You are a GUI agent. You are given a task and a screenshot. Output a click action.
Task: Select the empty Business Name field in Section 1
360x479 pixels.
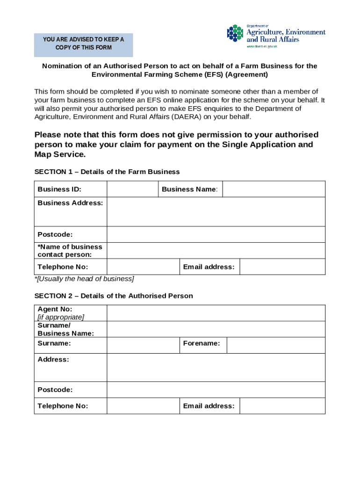274,189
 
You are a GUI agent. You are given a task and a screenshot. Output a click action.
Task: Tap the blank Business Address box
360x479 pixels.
216,212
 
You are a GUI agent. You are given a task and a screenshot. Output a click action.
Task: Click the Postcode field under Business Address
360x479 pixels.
216,234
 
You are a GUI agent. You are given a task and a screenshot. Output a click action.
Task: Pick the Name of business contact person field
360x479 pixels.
216,251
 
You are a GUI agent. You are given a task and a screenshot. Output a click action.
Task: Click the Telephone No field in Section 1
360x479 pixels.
143,267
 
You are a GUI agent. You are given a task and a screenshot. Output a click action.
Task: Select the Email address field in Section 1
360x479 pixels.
282,267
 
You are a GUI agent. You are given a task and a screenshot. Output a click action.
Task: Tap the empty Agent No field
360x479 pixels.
216,313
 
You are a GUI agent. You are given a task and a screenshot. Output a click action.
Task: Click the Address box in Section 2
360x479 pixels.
216,368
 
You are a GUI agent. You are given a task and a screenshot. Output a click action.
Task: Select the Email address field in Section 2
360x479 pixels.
282,406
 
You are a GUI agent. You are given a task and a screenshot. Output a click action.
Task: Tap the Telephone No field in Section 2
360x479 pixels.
143,406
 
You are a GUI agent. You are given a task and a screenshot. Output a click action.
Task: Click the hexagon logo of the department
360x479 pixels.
236,34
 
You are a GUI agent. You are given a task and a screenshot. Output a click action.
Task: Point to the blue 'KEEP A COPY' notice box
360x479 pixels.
84,45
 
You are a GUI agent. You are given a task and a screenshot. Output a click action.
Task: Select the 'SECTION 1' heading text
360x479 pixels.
107,172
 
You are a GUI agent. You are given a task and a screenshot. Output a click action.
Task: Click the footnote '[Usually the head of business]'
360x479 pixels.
84,279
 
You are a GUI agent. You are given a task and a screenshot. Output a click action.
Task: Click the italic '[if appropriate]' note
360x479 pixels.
61,317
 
